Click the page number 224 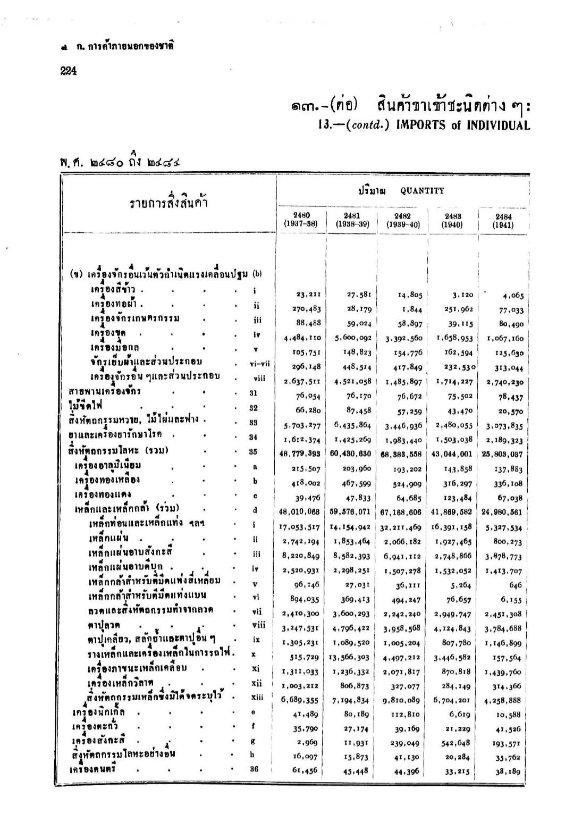click(68, 71)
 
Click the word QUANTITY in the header click(422, 191)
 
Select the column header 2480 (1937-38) click(301, 220)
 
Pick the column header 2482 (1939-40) click(403, 220)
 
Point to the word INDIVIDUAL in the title click(497, 125)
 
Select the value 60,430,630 click(351, 454)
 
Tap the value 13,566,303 click(351, 656)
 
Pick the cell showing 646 click(515, 585)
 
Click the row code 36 click(255, 769)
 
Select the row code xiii click(258, 697)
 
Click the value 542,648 click(456, 743)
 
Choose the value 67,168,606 click(402, 512)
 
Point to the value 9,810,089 click(402, 700)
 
